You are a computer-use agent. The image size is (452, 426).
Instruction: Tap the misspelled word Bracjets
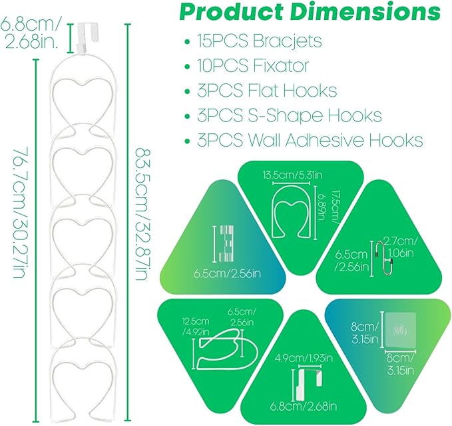pyautogui.click(x=287, y=41)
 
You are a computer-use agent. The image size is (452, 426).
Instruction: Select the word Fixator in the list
pyautogui.click(x=281, y=66)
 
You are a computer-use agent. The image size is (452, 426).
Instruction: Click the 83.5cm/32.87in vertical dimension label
pyautogui.click(x=142, y=214)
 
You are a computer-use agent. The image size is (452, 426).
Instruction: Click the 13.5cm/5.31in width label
pyautogui.click(x=292, y=175)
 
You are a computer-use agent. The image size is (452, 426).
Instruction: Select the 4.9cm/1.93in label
pyautogui.click(x=304, y=358)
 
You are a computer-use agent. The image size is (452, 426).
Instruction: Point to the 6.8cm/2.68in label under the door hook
pyautogui.click(x=304, y=407)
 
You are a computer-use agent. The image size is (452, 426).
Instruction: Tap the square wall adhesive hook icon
pyautogui.click(x=401, y=330)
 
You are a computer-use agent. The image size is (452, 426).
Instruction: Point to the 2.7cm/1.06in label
pyautogui.click(x=401, y=246)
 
